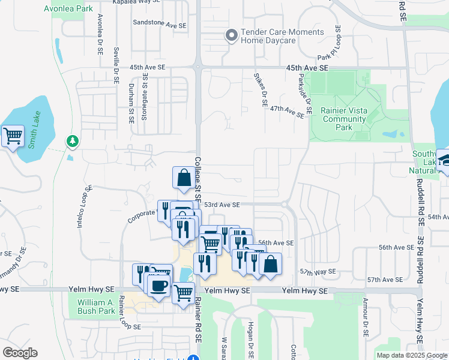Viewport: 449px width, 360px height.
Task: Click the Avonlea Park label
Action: [68, 9]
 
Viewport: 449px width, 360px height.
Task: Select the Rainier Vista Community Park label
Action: [343, 119]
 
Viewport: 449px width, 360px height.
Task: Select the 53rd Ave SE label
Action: [221, 205]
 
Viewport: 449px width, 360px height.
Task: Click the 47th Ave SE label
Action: [287, 110]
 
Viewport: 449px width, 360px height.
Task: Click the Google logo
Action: [20, 353]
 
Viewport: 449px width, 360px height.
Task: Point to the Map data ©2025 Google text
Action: [411, 355]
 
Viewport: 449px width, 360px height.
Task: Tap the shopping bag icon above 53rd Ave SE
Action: [184, 177]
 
